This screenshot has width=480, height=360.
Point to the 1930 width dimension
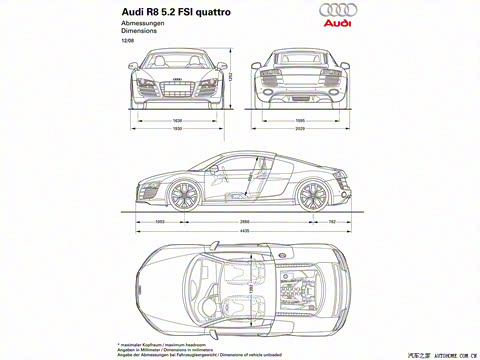pyautogui.click(x=178, y=128)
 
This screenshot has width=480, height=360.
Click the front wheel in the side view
pyautogui.click(x=181, y=192)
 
